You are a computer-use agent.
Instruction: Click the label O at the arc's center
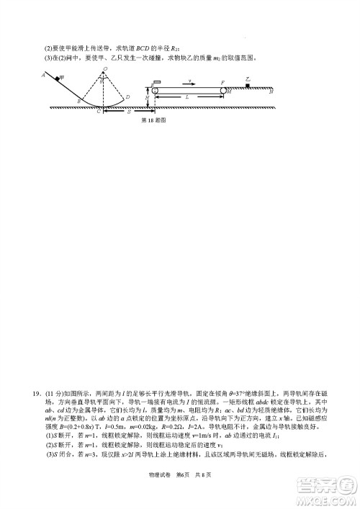(x=105, y=69)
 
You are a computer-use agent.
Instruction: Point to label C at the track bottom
(x=99, y=112)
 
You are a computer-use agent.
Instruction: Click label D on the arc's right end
(x=127, y=97)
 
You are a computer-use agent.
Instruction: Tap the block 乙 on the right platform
(x=247, y=84)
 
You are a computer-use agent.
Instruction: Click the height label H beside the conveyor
(x=147, y=96)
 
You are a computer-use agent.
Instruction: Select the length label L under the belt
(x=188, y=96)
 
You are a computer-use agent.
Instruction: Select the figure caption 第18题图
(x=154, y=121)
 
